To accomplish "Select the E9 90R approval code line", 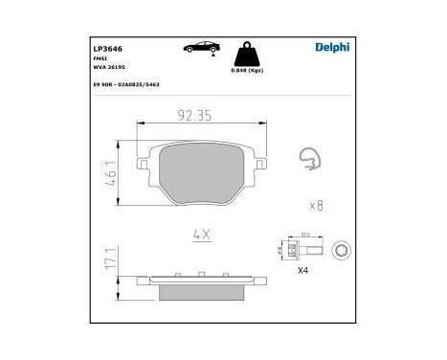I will pyautogui.click(x=125, y=85).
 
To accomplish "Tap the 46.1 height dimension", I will pyautogui.click(x=112, y=174).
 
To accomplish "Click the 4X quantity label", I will pyautogui.click(x=201, y=233).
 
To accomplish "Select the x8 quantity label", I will pyautogui.click(x=317, y=206).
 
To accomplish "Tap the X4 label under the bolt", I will pyautogui.click(x=303, y=271).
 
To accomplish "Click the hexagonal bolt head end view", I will pyautogui.click(x=340, y=251).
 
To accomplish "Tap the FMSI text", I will pyautogui.click(x=99, y=57).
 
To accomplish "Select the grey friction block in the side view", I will pyautogui.click(x=201, y=284).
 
